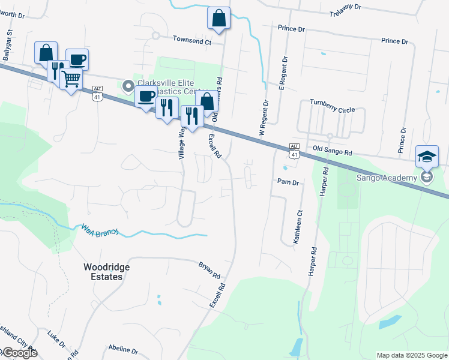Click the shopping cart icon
coord(71,78)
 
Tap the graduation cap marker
coord(427,157)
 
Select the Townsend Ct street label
coord(192,41)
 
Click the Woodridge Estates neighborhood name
coord(103,271)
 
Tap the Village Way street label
coord(181,143)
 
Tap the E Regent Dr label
coord(282,73)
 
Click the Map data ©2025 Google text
coord(411,355)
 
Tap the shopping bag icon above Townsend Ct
coord(218,18)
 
